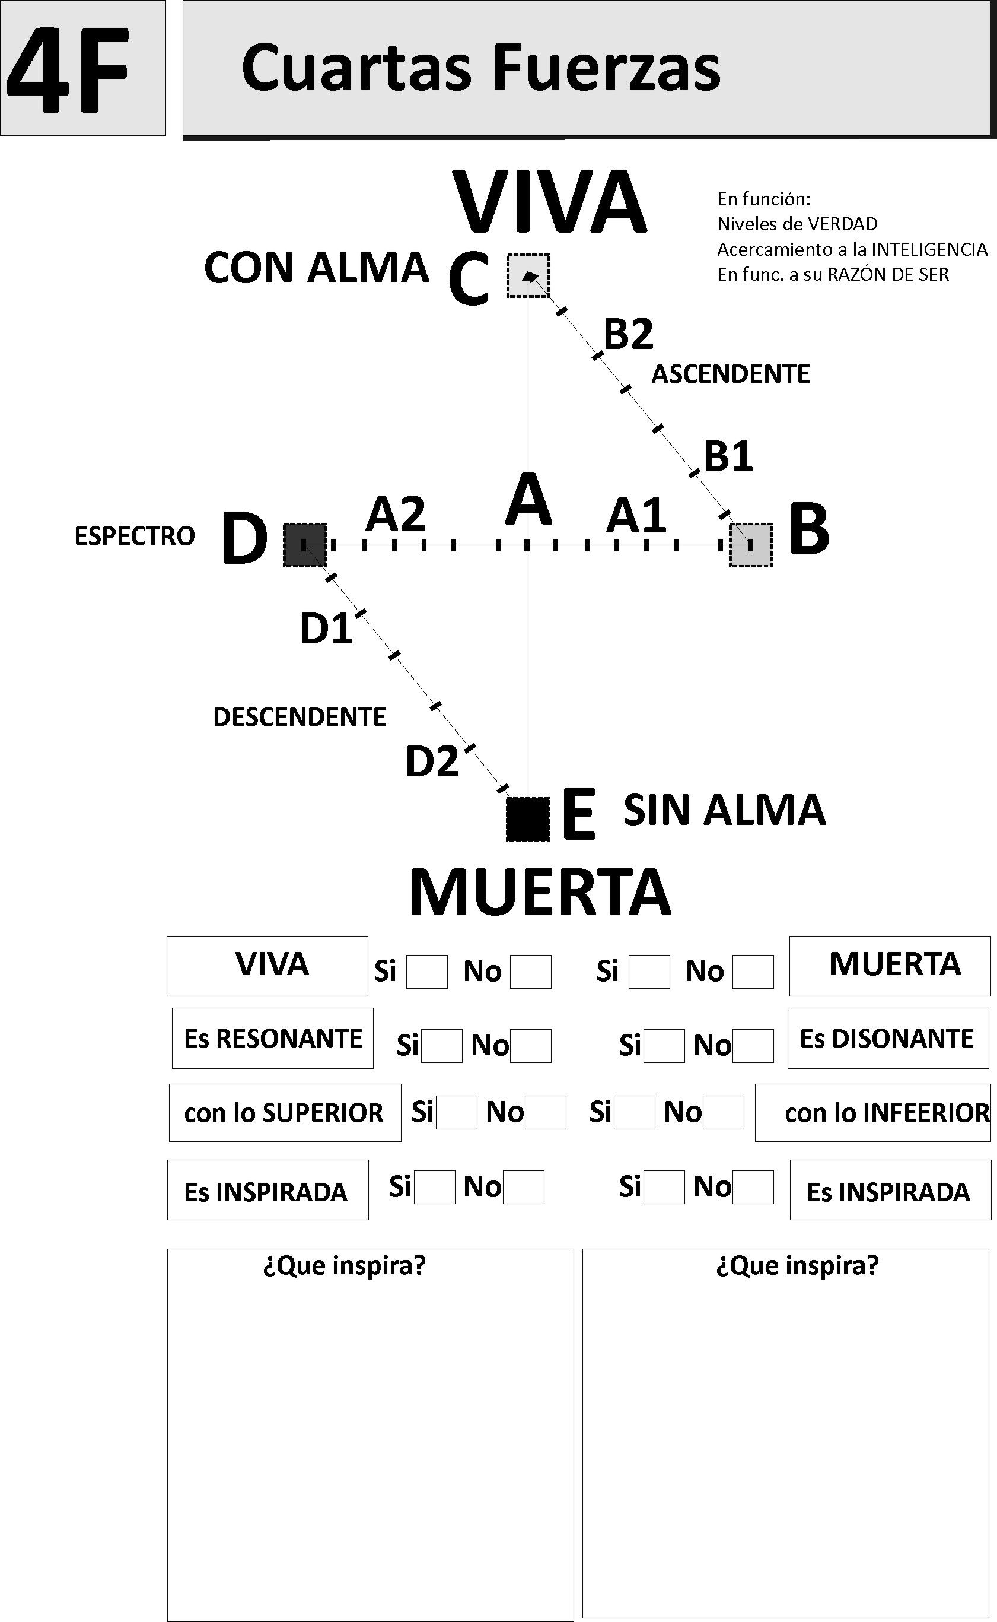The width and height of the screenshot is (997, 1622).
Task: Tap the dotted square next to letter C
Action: (528, 276)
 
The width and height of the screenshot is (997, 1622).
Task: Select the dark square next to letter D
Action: (305, 545)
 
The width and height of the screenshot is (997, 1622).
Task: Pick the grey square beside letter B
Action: (750, 545)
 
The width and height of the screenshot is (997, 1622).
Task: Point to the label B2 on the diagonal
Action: (629, 334)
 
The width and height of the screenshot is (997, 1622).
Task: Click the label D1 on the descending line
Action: (326, 628)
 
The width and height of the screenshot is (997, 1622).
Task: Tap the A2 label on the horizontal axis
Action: (396, 515)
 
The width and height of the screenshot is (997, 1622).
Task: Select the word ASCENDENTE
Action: (731, 374)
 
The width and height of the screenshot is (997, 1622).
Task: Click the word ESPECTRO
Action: (135, 537)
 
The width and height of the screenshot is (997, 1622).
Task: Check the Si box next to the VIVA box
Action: (426, 972)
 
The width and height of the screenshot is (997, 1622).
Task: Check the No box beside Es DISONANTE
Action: (753, 1046)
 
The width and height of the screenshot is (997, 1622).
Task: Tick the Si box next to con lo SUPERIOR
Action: (456, 1113)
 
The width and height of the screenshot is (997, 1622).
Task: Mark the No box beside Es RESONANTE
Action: (530, 1046)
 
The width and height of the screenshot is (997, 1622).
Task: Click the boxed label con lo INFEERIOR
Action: (873, 1113)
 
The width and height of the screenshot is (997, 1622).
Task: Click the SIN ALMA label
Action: (725, 810)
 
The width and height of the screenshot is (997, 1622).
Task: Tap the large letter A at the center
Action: (528, 499)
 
